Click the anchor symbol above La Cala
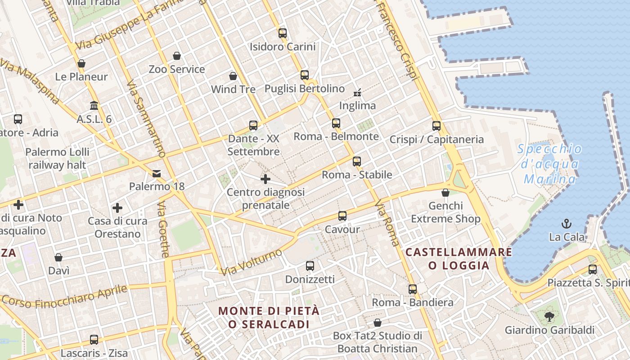click(x=567, y=223)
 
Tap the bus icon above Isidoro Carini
click(x=283, y=33)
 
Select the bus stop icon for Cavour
click(x=342, y=216)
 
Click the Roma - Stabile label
click(x=357, y=175)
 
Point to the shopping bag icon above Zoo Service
click(x=177, y=56)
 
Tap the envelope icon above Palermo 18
click(x=157, y=173)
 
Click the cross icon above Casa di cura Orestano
click(x=117, y=208)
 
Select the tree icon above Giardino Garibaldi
click(x=549, y=317)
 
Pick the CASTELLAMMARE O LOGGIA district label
click(x=459, y=259)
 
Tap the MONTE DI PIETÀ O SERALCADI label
click(x=269, y=317)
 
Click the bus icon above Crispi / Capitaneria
click(x=436, y=126)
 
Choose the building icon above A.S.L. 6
click(x=94, y=106)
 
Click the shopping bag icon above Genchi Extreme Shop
click(x=445, y=193)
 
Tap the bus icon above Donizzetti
click(x=310, y=266)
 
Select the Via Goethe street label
click(x=163, y=229)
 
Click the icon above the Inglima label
click(x=357, y=93)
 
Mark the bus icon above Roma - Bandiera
click(x=413, y=289)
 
